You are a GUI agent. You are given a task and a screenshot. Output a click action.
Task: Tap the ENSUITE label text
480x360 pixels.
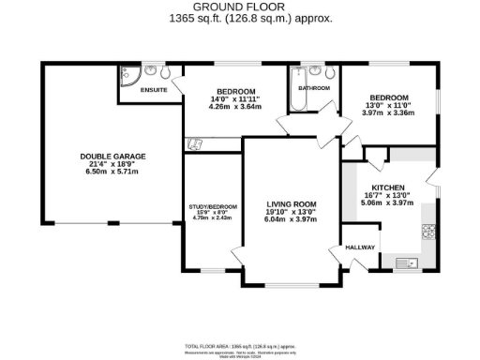tap(154, 91)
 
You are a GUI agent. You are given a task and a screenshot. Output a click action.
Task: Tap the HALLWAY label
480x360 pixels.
tap(361, 247)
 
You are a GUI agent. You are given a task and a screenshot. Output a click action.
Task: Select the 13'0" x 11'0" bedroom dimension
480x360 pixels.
tap(387, 106)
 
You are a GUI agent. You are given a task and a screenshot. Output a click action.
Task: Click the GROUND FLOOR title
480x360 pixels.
tap(239, 8)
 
